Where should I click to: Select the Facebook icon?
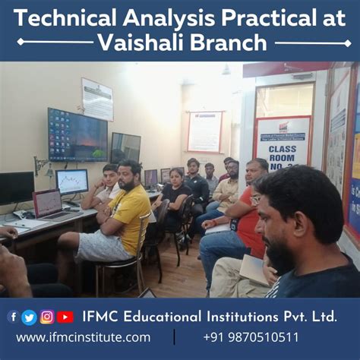(x=13, y=317)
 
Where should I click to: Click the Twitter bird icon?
(x=30, y=317)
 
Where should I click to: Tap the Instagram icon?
(x=47, y=317)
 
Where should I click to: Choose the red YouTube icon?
(x=65, y=317)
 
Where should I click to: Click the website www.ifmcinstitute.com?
(x=83, y=337)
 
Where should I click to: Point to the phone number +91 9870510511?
(x=251, y=337)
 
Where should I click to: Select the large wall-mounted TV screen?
(x=77, y=134)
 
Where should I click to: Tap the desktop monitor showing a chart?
(x=72, y=182)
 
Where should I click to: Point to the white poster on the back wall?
(x=204, y=131)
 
